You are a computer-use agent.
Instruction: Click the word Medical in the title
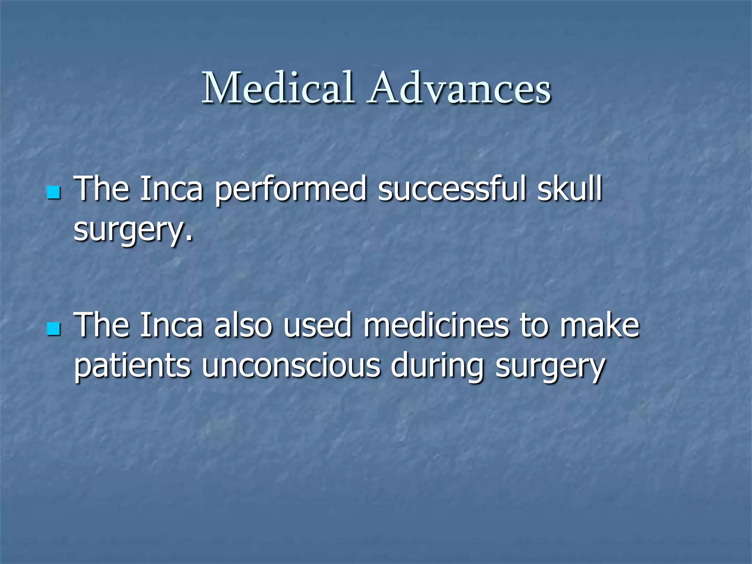pos(278,88)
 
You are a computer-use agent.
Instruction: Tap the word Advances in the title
pos(460,88)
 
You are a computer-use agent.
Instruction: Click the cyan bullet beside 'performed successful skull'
pos(54,192)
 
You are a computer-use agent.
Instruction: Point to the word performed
pos(291,190)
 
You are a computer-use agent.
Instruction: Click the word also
pos(243,325)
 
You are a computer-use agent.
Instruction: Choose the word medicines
pos(436,325)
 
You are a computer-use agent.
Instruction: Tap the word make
pos(599,325)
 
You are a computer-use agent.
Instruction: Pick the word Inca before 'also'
pos(171,325)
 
